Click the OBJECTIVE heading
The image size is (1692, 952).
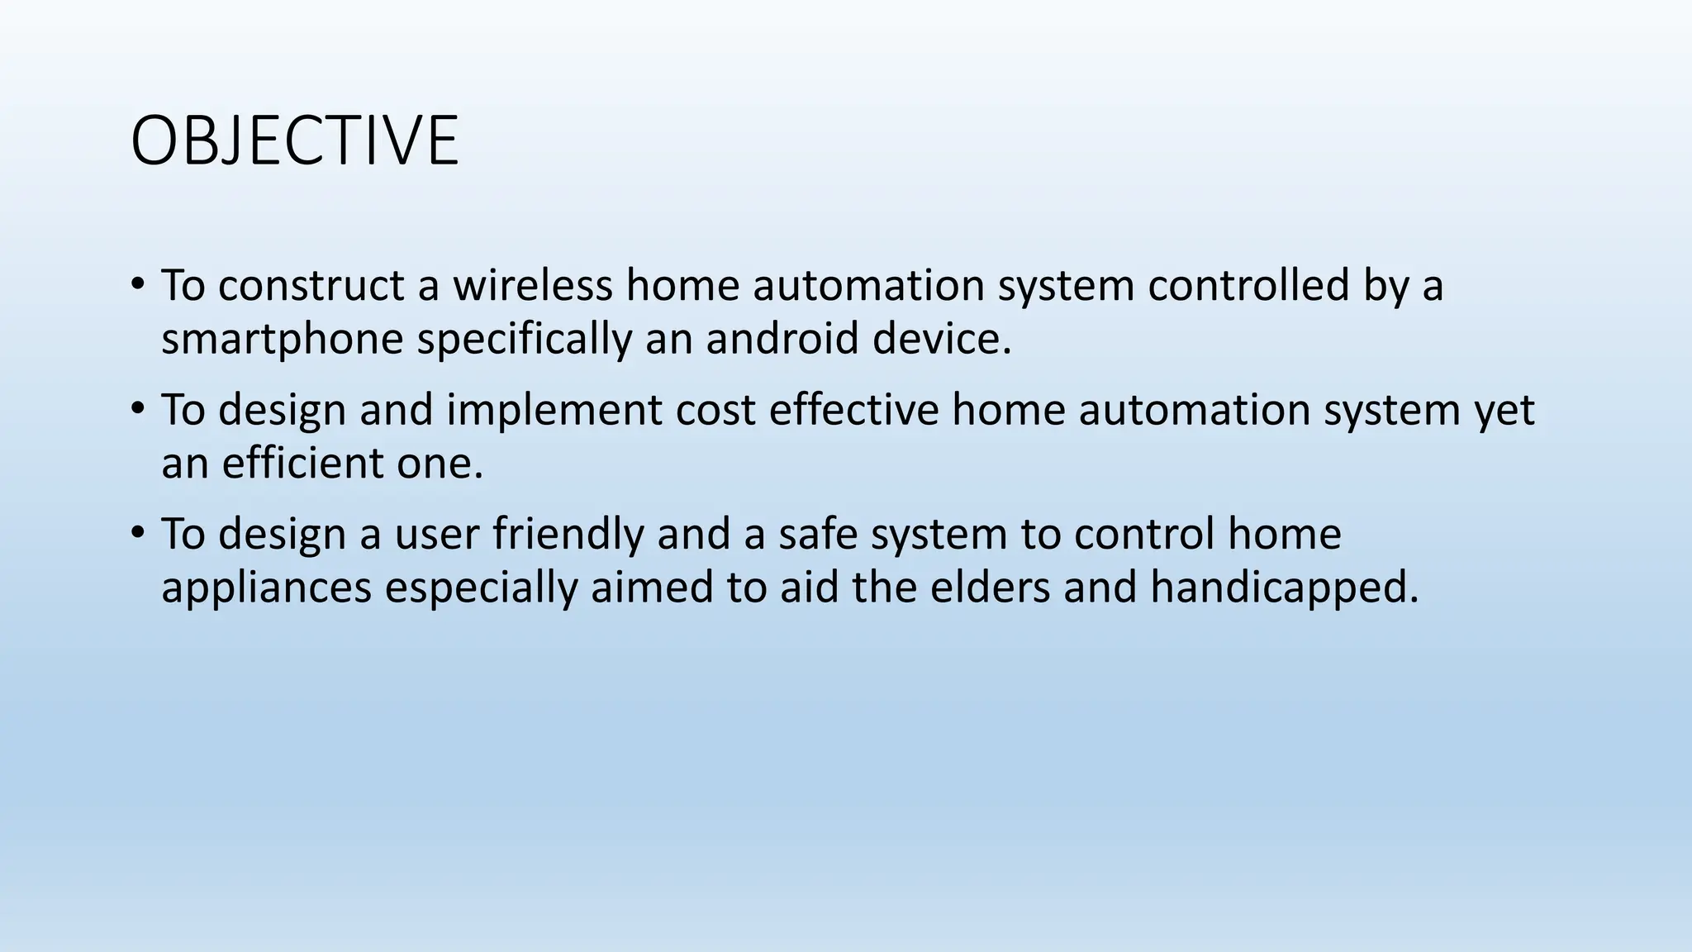tap(294, 141)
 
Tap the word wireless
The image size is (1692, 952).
tap(532, 285)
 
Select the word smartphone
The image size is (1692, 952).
tap(282, 339)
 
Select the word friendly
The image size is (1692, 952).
tap(568, 534)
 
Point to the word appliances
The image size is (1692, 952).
tap(266, 588)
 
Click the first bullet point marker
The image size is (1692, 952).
tap(137, 285)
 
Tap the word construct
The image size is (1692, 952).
tap(311, 286)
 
